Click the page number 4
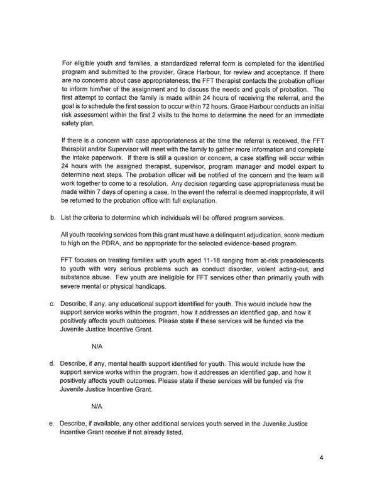[x=320, y=457]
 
